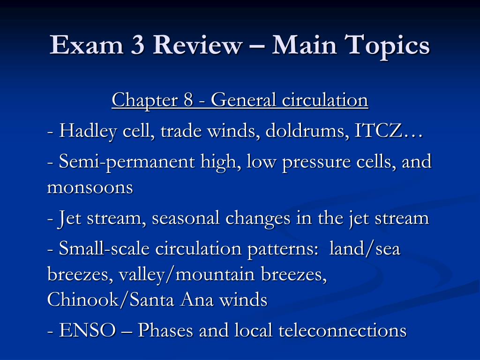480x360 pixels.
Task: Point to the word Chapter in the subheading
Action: click(x=144, y=100)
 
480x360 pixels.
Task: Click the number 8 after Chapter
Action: click(x=188, y=100)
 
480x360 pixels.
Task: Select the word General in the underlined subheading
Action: click(x=243, y=100)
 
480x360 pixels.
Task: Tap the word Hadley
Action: click(x=88, y=132)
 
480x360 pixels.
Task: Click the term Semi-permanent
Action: click(x=127, y=162)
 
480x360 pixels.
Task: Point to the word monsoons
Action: click(x=90, y=187)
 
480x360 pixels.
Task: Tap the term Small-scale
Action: click(x=104, y=248)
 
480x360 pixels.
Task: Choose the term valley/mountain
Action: click(x=187, y=275)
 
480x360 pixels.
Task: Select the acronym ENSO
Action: click(x=88, y=330)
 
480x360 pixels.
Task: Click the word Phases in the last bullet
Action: click(x=165, y=330)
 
